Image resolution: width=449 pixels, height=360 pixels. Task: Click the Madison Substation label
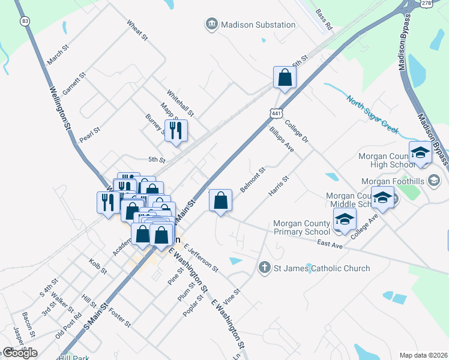point(258,25)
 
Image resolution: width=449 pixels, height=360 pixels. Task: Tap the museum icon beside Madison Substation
point(211,24)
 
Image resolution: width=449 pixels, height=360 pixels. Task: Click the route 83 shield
point(25,21)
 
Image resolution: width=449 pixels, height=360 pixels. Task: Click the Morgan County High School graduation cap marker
point(420,152)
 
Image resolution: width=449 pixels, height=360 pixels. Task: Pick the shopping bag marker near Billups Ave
point(285,77)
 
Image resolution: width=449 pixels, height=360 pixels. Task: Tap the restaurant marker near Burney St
point(176,131)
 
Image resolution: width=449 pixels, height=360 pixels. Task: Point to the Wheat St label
point(137,31)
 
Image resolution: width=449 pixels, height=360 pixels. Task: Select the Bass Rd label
point(324,20)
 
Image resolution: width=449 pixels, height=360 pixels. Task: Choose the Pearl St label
point(89,133)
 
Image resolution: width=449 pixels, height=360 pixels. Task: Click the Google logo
point(20,353)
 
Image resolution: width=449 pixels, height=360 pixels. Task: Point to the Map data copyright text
point(423,355)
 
